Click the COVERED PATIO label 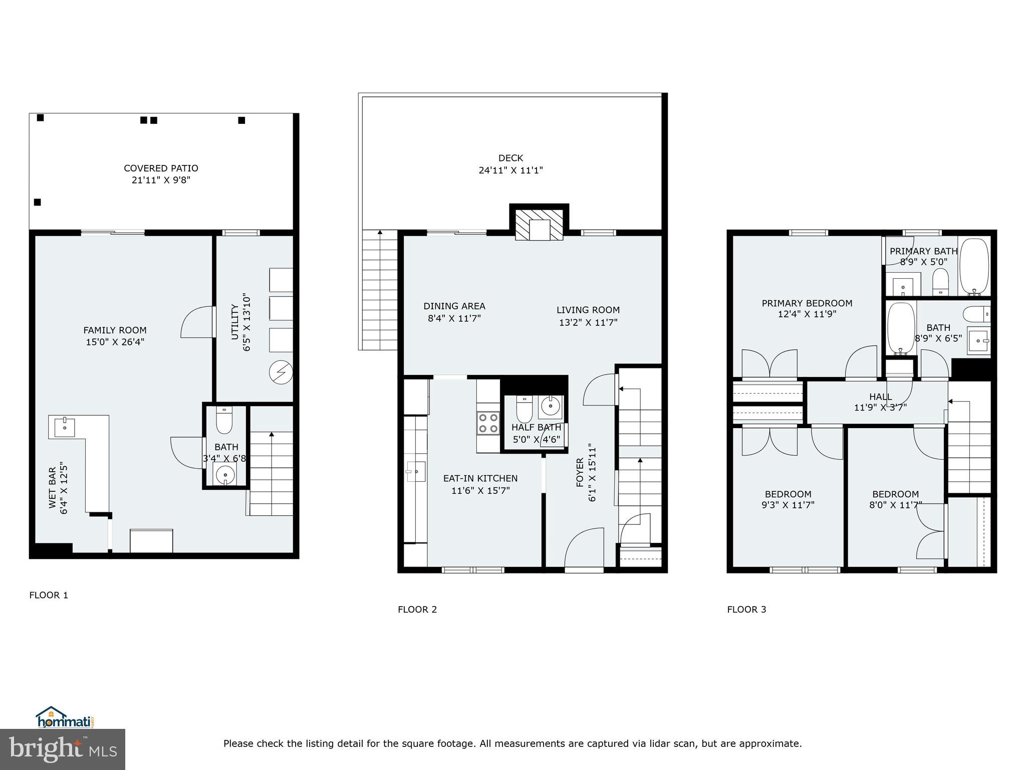161,168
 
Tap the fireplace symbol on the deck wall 540,224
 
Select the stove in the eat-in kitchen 488,422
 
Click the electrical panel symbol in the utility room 281,372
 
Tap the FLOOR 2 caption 417,610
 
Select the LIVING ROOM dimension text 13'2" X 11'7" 588,322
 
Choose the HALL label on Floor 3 880,397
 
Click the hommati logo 64,718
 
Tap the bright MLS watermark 63,749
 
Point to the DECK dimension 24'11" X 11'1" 510,170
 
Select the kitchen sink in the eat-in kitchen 415,472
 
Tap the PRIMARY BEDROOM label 807,303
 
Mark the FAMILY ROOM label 115,330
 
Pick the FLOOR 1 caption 49,595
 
